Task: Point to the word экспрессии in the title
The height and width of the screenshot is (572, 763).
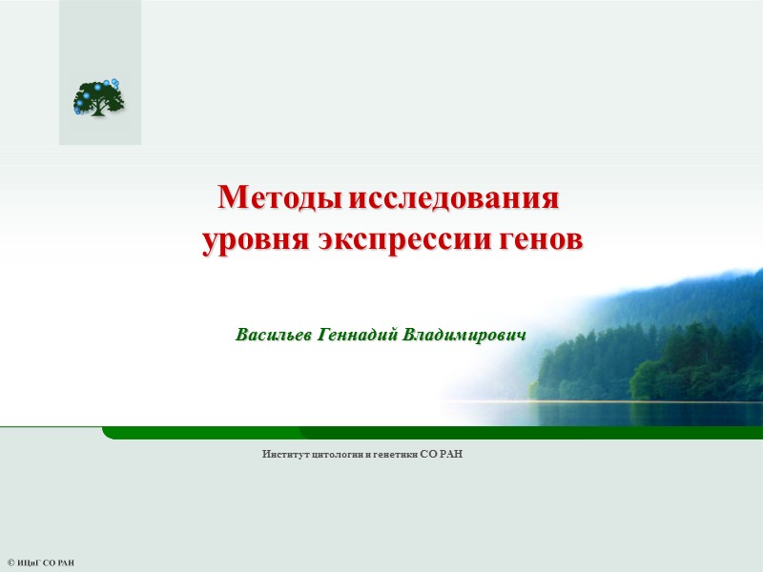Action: click(390, 241)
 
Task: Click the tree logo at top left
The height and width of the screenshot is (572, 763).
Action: click(99, 96)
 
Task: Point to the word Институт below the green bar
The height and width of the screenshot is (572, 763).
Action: click(285, 455)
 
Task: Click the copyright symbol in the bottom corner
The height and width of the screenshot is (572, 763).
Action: click(10, 563)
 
